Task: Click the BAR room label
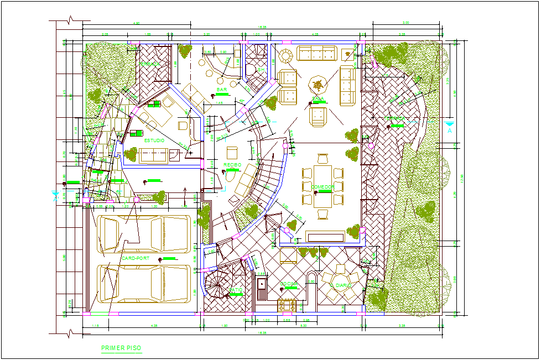[x=222, y=89]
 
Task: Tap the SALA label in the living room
[x=318, y=100]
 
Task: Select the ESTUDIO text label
[x=154, y=140]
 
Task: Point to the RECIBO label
[x=232, y=165]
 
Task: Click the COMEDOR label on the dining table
[x=322, y=187]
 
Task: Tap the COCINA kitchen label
[x=289, y=284]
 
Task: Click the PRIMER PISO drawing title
[x=121, y=348]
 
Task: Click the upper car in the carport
[x=143, y=234]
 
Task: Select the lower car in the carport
[x=143, y=283]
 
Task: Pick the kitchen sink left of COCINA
[x=262, y=287]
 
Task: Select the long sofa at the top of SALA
[x=317, y=53]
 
